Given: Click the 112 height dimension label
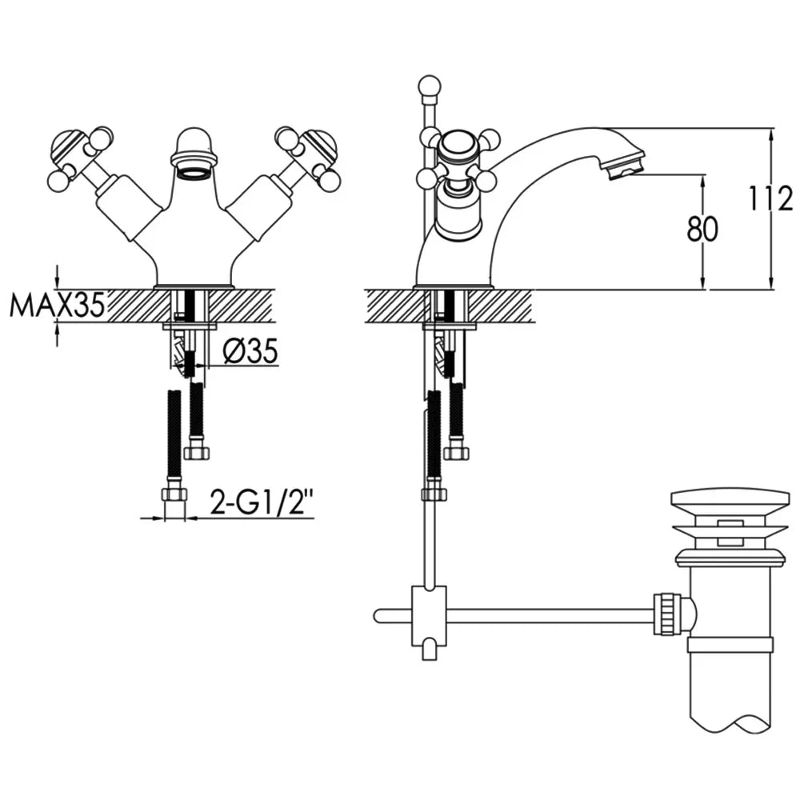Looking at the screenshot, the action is pos(771,199).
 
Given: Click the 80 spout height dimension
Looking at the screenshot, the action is pos(702,229).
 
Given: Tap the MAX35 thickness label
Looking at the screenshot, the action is pos(57,305).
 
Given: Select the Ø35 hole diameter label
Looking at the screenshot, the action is pos(250,351).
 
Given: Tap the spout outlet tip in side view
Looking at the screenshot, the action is pos(625,166).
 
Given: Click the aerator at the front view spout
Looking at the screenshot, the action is pos(192,174).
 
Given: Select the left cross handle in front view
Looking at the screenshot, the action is pos(82,155).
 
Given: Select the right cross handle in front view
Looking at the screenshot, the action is pos(306,155).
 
